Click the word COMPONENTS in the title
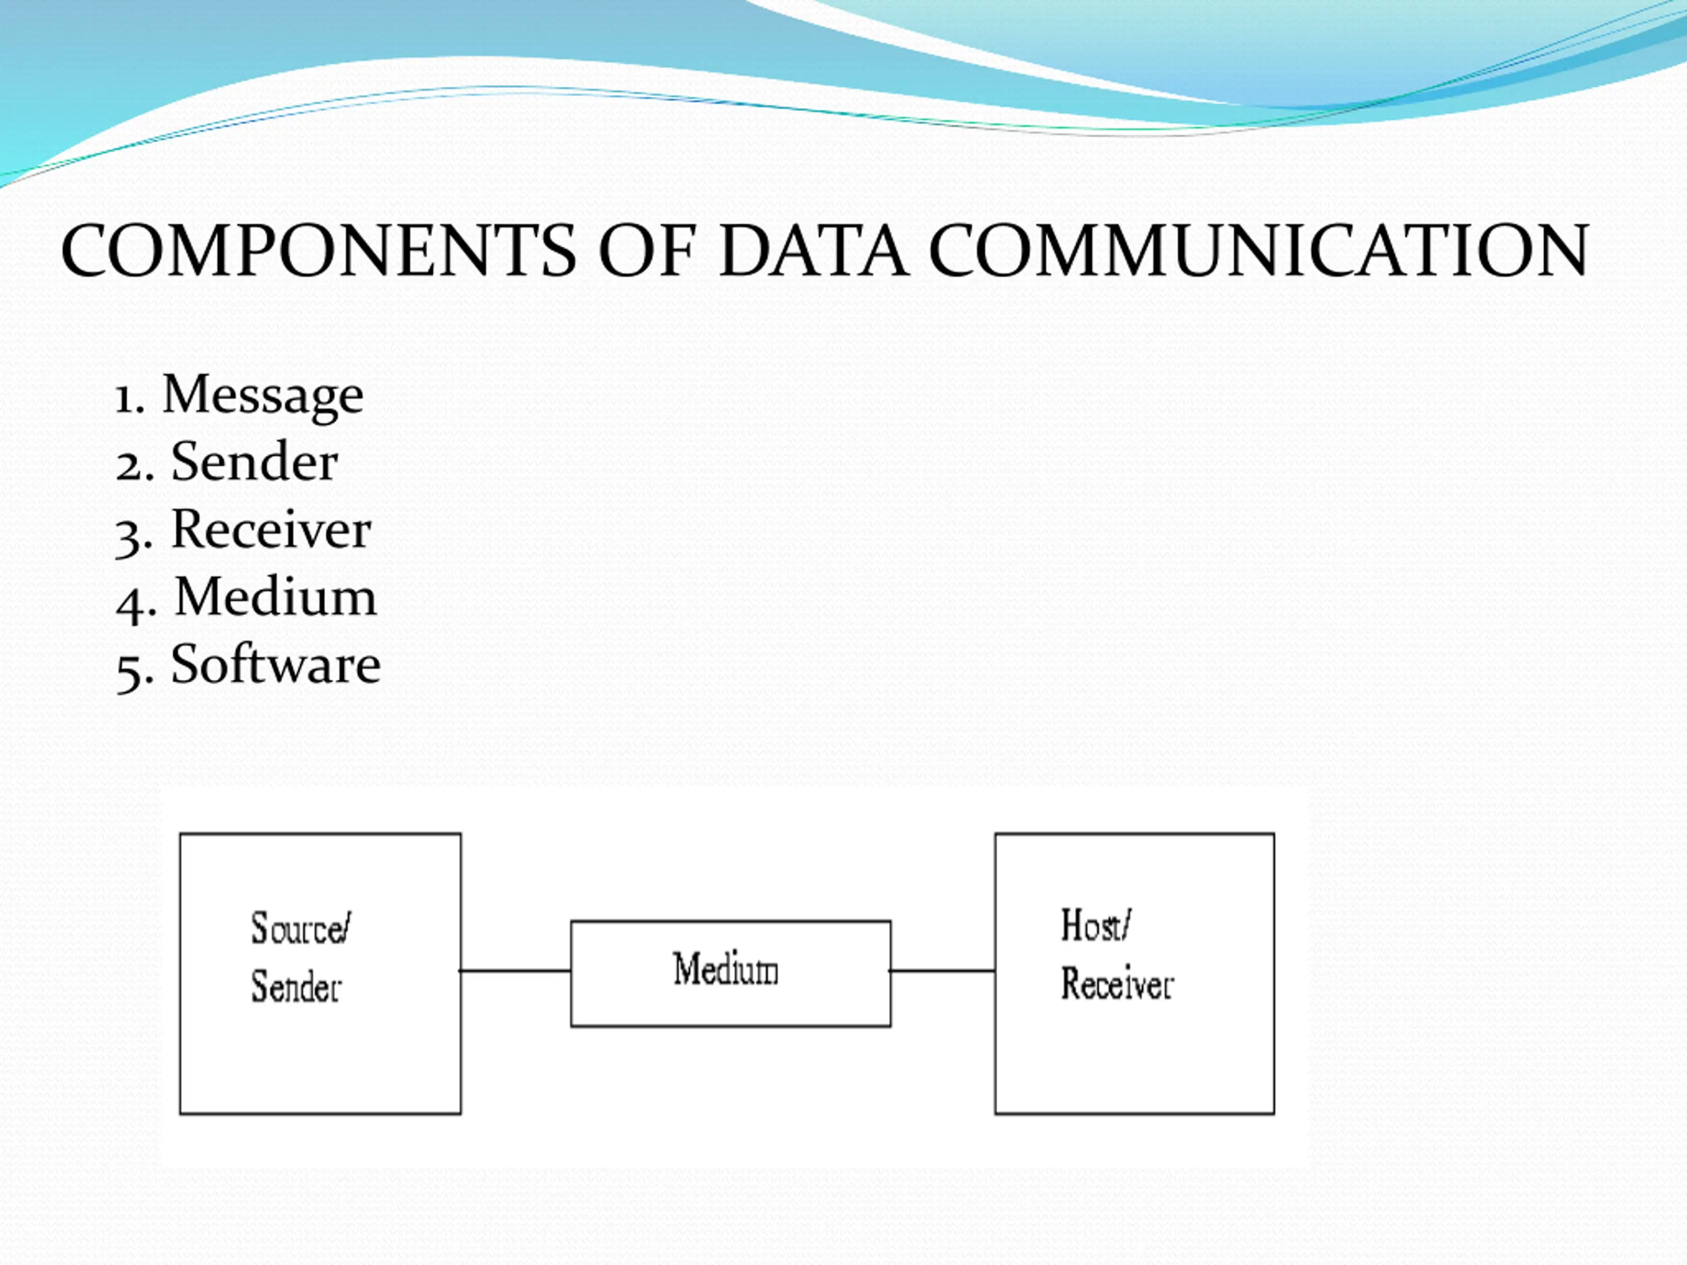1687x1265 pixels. click(319, 251)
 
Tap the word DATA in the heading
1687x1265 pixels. click(813, 251)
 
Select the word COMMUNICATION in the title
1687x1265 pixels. click(1259, 251)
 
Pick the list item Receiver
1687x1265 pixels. click(271, 528)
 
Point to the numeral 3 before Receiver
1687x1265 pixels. click(129, 537)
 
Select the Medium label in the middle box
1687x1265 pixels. click(726, 969)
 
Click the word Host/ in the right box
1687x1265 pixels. click(1096, 925)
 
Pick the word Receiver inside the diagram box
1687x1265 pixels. click(1117, 983)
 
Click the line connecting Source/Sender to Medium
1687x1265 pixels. click(515, 970)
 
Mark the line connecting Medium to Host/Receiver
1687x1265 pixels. click(942, 970)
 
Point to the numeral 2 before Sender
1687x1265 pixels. click(129, 466)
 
